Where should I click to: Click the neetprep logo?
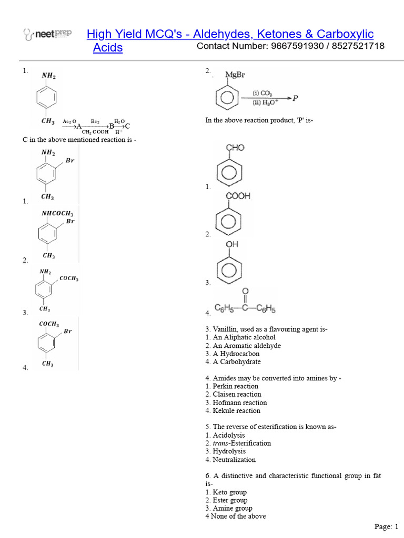(48, 35)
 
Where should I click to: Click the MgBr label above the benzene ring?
(235, 75)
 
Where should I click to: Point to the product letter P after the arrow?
(295, 98)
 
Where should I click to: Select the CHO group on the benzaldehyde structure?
(235, 148)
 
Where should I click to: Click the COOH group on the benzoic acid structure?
(238, 196)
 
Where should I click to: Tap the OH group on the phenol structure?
(232, 244)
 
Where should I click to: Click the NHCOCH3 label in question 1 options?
(57, 213)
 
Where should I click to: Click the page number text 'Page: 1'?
(387, 526)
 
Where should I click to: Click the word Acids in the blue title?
(107, 48)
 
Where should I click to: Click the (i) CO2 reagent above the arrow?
(262, 93)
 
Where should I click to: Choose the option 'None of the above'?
(239, 516)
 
